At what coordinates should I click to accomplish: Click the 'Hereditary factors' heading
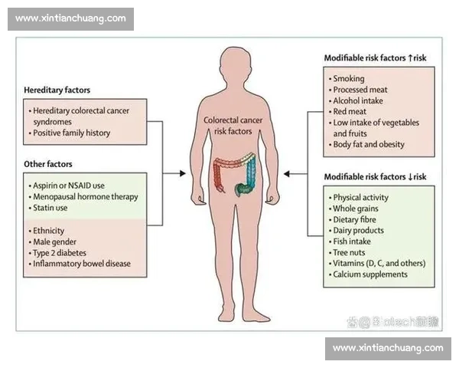[57, 90]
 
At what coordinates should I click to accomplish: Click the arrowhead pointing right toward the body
[183, 173]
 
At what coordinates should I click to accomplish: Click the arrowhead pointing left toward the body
[287, 174]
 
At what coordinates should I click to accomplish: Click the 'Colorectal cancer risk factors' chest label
[233, 126]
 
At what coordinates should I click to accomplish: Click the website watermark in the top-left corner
[70, 18]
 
